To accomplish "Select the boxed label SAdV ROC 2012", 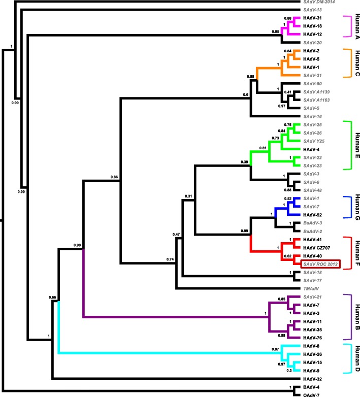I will (320, 264).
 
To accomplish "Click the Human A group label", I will (355, 26).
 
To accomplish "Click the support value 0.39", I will (244, 176).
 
